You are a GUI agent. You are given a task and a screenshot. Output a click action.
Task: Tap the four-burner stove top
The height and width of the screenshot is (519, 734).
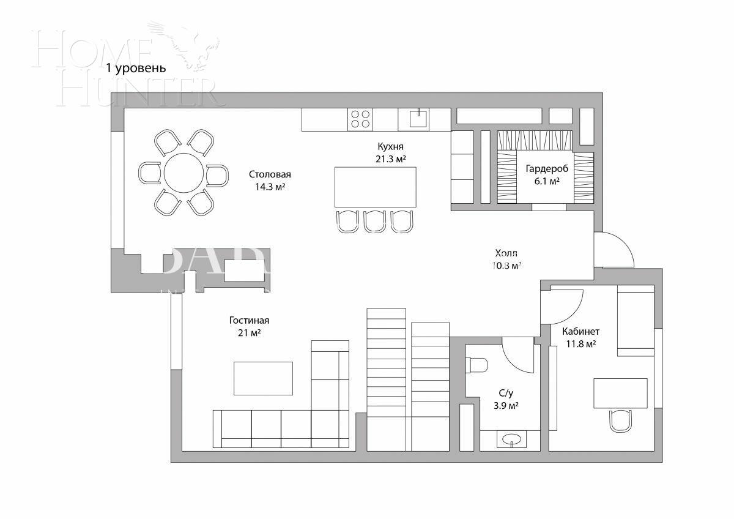click(360, 119)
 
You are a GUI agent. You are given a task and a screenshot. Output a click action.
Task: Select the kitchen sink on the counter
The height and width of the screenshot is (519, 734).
click(413, 119)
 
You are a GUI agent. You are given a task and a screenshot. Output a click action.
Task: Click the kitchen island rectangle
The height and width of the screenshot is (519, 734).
click(375, 187)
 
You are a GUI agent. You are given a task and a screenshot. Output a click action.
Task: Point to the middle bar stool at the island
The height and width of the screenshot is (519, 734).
click(374, 222)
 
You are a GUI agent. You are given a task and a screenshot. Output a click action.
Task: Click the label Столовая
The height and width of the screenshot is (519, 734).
click(270, 174)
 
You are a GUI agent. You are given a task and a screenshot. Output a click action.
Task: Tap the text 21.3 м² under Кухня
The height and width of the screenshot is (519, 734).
click(391, 159)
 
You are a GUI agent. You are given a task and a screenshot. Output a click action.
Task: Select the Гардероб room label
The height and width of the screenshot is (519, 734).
click(546, 169)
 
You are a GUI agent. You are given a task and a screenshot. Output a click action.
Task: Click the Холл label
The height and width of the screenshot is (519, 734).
click(506, 253)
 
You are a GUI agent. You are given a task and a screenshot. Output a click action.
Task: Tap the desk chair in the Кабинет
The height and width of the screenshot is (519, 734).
click(622, 420)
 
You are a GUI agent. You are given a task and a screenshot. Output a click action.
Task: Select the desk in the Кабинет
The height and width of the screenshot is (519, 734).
click(620, 393)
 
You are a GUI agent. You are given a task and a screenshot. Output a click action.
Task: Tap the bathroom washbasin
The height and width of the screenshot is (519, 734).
click(510, 439)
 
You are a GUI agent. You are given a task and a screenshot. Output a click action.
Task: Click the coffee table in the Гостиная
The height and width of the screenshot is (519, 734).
click(263, 378)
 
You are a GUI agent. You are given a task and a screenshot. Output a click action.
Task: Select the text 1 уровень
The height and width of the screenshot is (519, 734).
click(136, 68)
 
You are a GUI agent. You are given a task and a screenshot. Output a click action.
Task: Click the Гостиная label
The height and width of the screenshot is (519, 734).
click(249, 320)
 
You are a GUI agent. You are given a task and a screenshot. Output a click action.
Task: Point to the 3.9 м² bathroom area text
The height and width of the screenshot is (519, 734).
click(506, 405)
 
